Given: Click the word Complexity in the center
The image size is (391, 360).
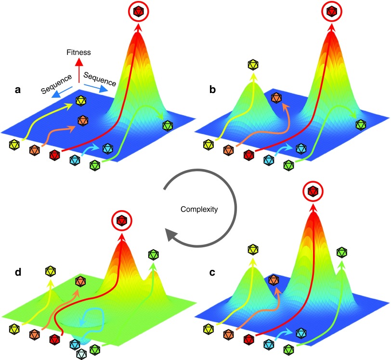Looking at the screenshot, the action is pos(199,210).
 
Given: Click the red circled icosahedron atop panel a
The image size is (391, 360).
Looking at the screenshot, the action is pos(139,11).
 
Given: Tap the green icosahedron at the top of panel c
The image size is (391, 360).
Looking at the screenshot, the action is pos(342,252).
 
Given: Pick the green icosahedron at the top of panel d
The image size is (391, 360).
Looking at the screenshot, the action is pos(154,253).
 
